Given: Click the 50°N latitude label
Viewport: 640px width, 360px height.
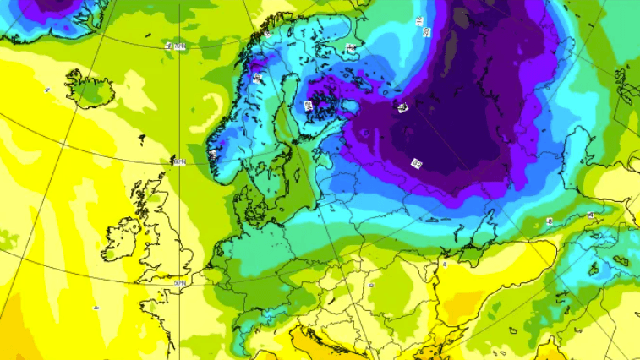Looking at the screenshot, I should [180, 282].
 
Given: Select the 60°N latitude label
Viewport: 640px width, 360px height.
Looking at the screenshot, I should [178, 161].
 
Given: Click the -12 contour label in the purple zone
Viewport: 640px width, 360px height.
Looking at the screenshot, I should [417, 162].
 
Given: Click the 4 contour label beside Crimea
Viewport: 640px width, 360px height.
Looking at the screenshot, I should [445, 264].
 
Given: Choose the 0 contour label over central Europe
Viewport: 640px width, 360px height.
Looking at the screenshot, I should [371, 286].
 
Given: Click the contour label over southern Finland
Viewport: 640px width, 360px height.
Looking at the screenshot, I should [308, 105].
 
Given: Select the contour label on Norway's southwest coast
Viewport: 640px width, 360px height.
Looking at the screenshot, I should [213, 154].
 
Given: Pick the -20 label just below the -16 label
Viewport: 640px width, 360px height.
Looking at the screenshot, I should [426, 32].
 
